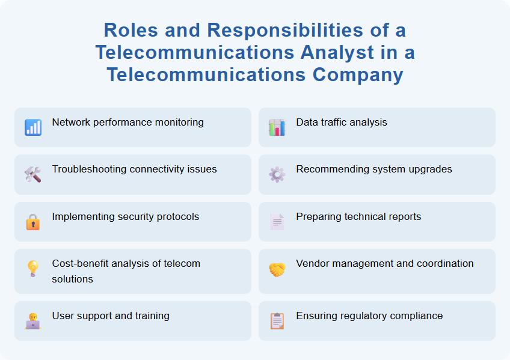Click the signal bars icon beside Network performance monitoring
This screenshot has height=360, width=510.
(33, 127)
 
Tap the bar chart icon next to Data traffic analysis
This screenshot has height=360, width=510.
(277, 127)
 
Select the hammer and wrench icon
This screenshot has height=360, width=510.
(33, 174)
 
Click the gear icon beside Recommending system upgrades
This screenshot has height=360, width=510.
(277, 174)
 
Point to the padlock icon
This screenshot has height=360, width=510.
(33, 222)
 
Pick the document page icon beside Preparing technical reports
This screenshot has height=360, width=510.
(277, 222)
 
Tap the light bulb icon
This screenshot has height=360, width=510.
(33, 269)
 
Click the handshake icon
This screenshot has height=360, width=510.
(277, 270)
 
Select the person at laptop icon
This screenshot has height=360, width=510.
(33, 321)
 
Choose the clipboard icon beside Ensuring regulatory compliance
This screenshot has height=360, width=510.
(277, 321)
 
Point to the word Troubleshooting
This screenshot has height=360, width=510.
(89, 169)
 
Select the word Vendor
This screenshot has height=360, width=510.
(312, 264)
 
